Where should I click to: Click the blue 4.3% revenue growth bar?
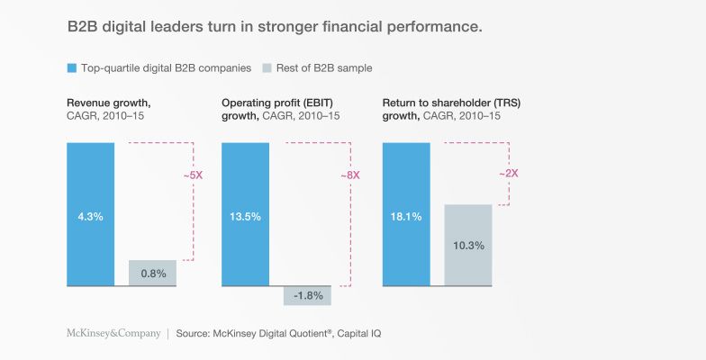[x=90, y=214]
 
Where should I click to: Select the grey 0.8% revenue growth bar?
[x=153, y=273]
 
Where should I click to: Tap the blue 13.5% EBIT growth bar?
[x=245, y=214]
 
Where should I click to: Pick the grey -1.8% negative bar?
[x=308, y=295]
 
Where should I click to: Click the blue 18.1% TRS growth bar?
[x=406, y=214]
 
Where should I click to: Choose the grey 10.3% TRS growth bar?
[x=468, y=245]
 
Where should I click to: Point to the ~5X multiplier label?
[x=193, y=175]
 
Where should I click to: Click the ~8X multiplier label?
[x=350, y=175]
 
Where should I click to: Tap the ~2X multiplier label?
[x=509, y=173]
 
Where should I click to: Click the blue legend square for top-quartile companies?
[x=72, y=68]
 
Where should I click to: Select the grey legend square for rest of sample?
[x=267, y=68]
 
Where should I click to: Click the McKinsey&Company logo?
[x=113, y=333]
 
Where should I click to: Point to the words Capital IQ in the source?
[x=358, y=333]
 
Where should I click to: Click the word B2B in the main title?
[x=82, y=26]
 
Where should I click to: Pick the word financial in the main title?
[x=352, y=26]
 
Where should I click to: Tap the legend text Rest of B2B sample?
[x=324, y=68]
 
